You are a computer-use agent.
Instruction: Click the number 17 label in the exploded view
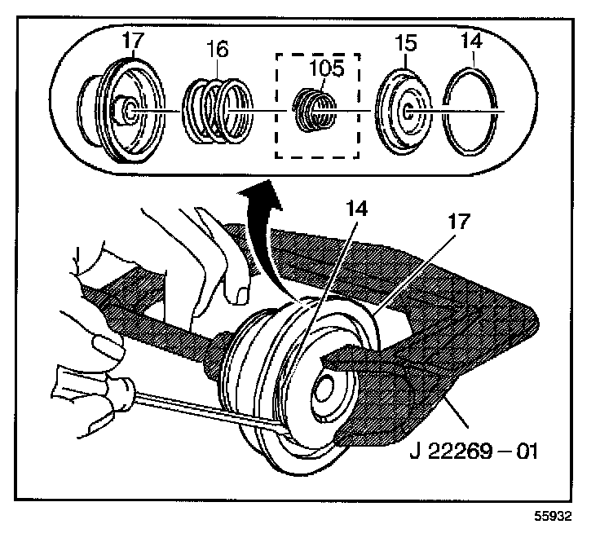[x=131, y=40]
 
